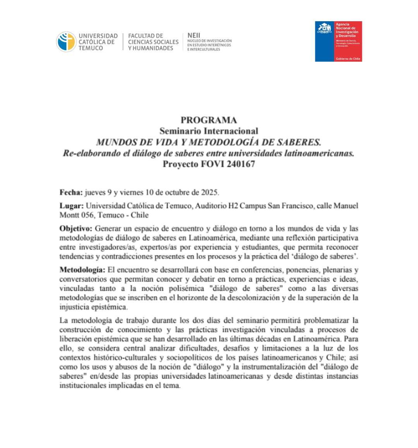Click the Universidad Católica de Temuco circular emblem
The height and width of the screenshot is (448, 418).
click(66, 42)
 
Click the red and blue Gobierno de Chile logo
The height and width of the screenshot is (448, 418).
click(338, 41)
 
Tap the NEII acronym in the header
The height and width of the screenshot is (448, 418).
click(194, 35)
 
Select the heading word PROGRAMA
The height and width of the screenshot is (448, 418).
click(209, 120)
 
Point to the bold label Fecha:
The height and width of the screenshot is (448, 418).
click(71, 192)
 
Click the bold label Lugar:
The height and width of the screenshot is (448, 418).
click(72, 206)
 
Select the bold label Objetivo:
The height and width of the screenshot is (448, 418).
click(76, 228)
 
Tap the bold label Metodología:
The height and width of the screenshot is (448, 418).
click(82, 270)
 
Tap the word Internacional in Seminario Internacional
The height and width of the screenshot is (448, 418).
click(231, 131)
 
